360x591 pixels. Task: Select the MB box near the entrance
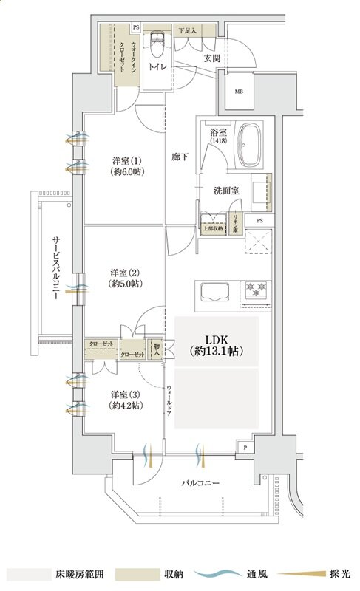[238, 92]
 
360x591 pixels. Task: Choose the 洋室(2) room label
[124, 276]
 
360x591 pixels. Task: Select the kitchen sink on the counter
[214, 293]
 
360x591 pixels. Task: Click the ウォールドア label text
[170, 403]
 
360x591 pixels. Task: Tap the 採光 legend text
[339, 574]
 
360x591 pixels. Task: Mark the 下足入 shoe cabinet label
[187, 30]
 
